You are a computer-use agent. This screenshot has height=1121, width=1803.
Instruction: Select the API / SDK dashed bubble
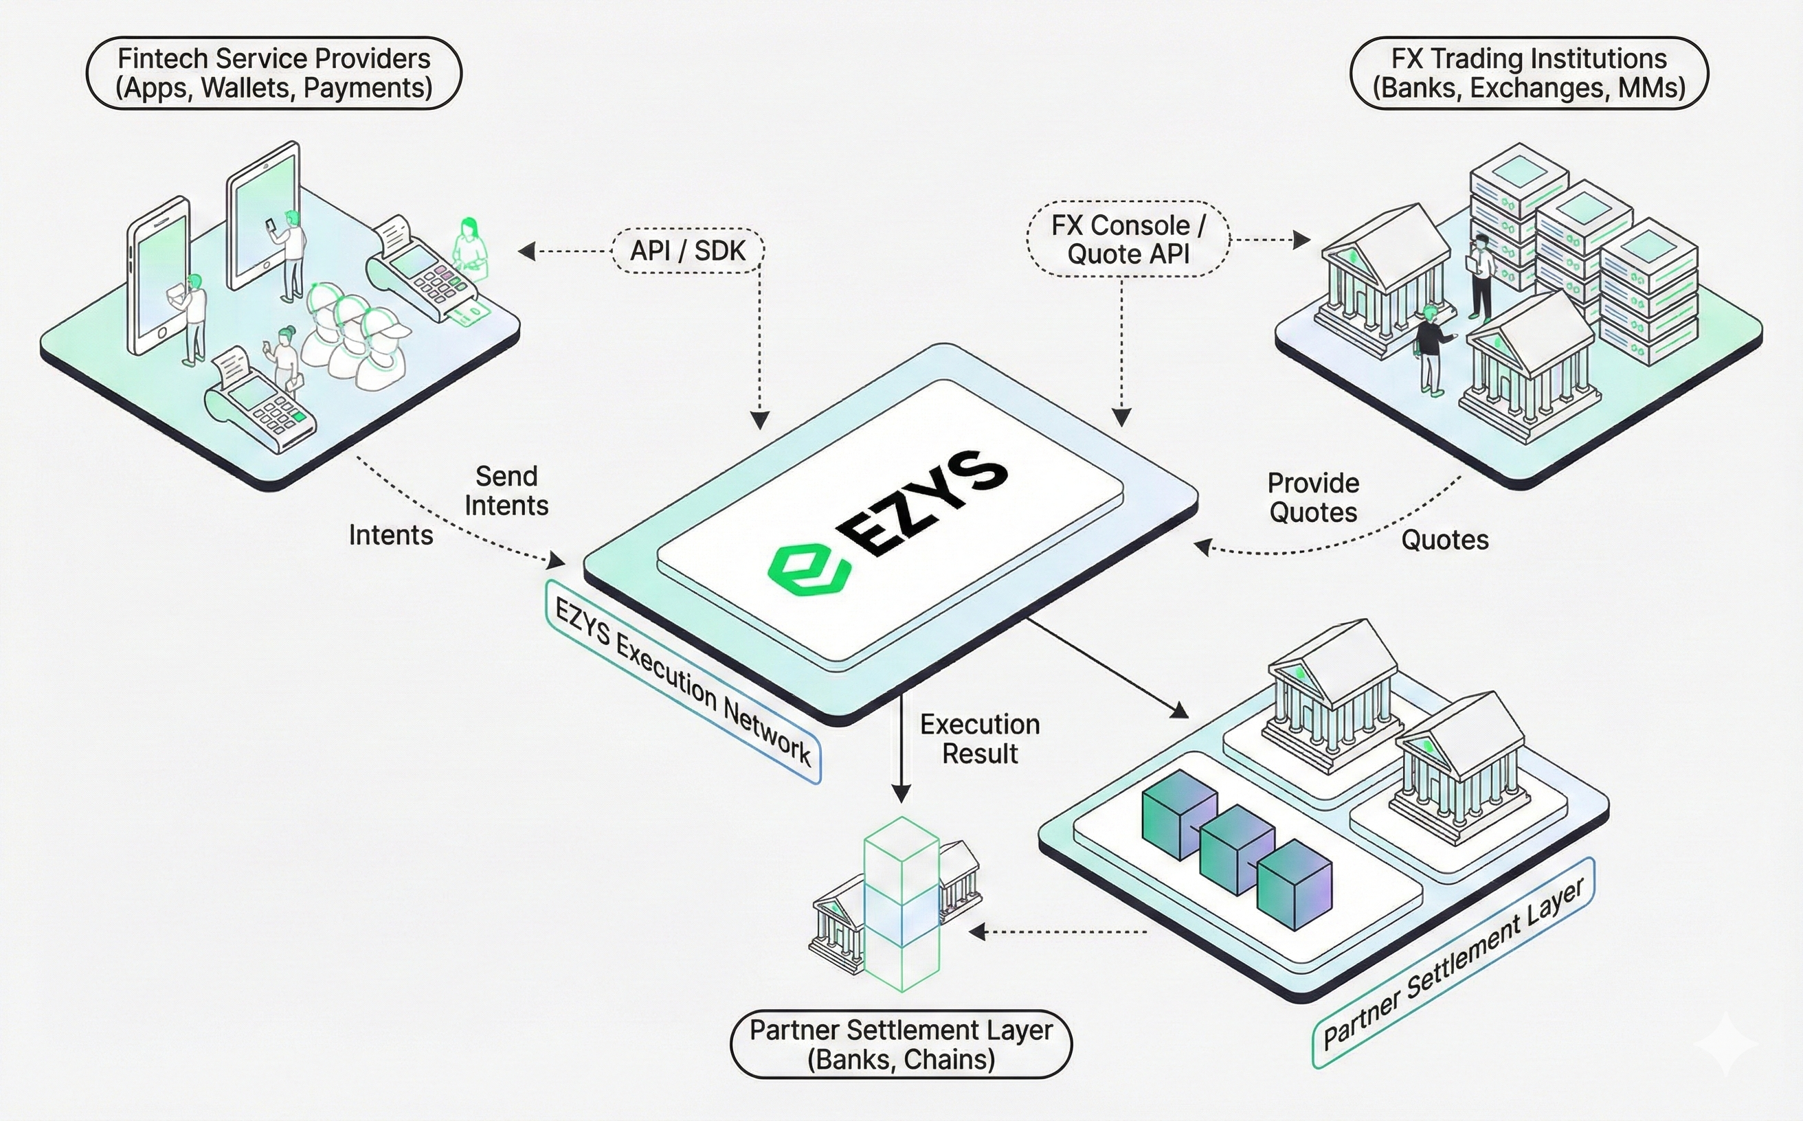[x=688, y=251]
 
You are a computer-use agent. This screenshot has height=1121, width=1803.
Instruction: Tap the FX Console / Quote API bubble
[x=1128, y=240]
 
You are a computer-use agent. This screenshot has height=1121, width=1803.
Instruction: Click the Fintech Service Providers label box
[x=274, y=73]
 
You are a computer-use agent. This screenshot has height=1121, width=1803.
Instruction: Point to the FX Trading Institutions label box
[x=1529, y=73]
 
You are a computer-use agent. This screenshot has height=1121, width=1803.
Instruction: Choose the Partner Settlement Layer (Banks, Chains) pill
[x=901, y=1044]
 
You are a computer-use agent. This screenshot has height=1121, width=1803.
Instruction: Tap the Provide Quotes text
[x=1313, y=497]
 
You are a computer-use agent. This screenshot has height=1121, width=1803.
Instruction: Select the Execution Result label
[x=980, y=738]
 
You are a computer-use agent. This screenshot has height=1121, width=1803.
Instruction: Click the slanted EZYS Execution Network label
[x=683, y=683]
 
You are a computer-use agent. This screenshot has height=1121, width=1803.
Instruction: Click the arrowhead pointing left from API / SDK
[x=526, y=251]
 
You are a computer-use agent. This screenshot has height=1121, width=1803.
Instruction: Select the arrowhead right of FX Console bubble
[x=1301, y=240]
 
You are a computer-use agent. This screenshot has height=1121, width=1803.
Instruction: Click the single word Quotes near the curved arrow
[x=1444, y=540]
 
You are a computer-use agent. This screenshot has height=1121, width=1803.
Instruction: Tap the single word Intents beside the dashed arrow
[x=391, y=534]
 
